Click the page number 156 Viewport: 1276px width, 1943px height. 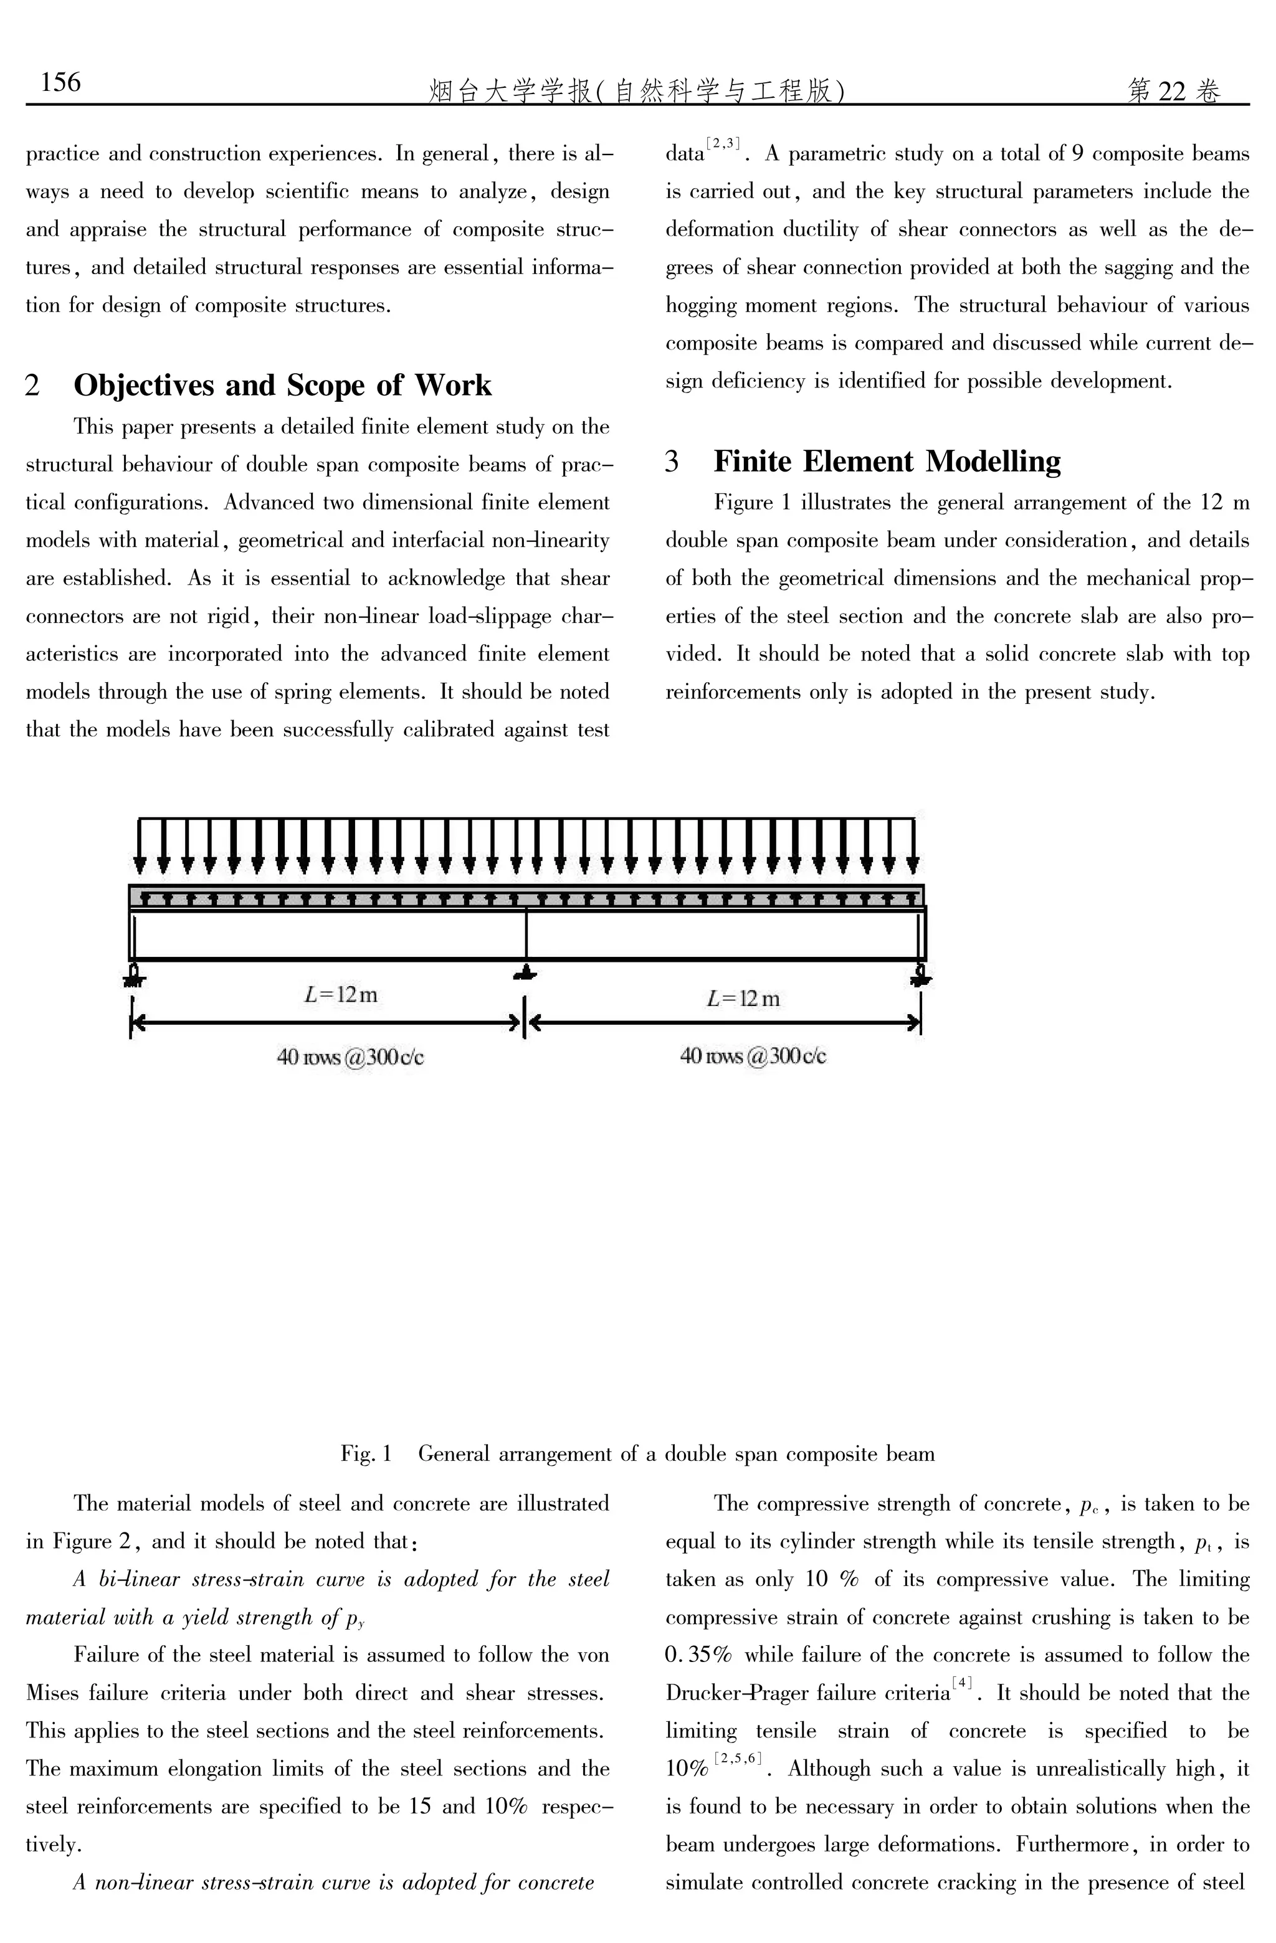61,82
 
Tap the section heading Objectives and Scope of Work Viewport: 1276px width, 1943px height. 282,386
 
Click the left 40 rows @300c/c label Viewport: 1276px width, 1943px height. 350,1057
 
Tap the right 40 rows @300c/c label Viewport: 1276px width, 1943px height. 753,1057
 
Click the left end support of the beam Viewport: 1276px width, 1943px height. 134,974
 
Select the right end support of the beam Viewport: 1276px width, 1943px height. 921,974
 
